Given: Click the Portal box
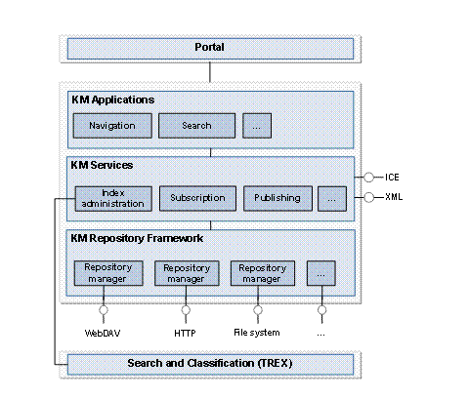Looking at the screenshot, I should click(210, 48).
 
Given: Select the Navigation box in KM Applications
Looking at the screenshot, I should click(112, 126).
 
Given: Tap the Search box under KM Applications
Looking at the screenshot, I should click(197, 126).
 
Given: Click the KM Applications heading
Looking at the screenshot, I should click(113, 99).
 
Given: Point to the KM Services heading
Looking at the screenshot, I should click(103, 166).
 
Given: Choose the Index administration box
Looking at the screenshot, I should click(112, 198).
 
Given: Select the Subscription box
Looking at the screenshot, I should click(196, 198).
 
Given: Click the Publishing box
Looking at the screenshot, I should click(277, 198).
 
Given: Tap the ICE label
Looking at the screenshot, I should click(392, 178).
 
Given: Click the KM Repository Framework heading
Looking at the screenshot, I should click(137, 237).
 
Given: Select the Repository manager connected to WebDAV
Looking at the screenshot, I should click(107, 272).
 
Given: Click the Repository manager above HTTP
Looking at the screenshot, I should click(186, 272).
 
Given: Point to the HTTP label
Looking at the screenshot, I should click(186, 332).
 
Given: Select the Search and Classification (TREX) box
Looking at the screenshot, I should click(210, 365).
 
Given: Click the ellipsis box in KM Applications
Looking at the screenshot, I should click(257, 126).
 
